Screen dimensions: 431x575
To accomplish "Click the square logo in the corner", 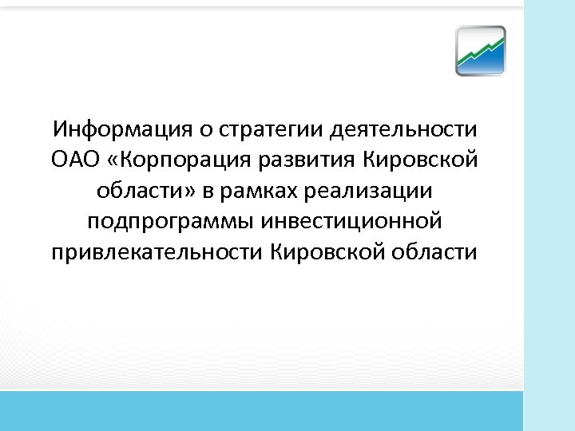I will (481, 51).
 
